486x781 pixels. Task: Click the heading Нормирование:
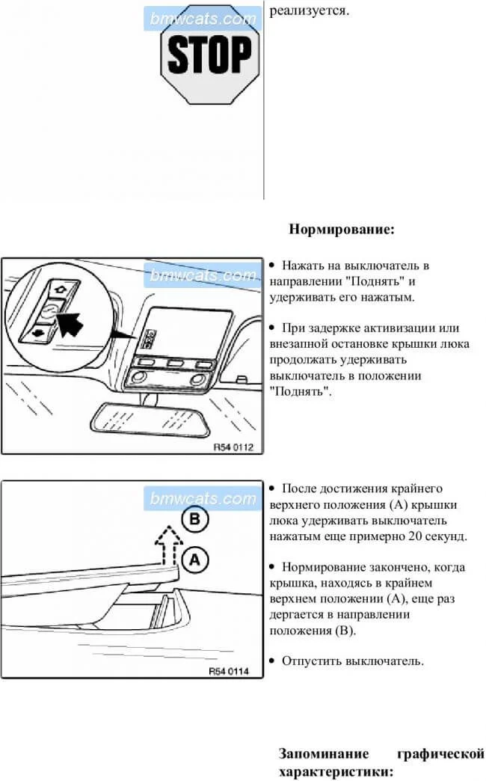tap(342, 230)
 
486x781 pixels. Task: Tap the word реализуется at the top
tap(310, 11)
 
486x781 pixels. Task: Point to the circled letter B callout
tap(194, 519)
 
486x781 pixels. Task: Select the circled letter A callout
tap(194, 560)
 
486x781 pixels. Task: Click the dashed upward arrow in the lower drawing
tap(168, 545)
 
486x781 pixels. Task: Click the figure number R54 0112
tap(233, 447)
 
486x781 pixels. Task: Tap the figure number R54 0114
tap(229, 671)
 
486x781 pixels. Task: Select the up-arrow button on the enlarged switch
tap(61, 289)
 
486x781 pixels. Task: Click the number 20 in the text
tap(415, 536)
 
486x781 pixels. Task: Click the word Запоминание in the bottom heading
tap(324, 753)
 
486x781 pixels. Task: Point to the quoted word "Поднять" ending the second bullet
tap(301, 391)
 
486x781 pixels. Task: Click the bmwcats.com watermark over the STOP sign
tap(203, 19)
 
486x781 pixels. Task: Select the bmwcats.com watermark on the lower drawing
tap(203, 498)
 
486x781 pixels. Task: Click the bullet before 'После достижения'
tap(272, 488)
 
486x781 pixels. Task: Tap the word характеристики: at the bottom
tap(336, 772)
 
